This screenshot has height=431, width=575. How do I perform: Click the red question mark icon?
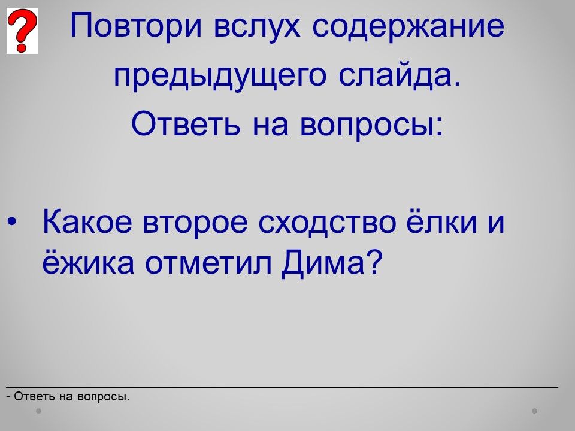[22, 31]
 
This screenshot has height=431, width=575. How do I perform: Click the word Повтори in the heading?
[136, 25]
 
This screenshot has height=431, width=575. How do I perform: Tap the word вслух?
[257, 27]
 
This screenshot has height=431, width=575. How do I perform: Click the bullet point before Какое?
[12, 221]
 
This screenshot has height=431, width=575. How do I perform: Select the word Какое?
[87, 221]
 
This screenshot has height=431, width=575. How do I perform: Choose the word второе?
[195, 224]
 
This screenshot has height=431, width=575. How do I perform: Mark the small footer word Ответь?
[35, 396]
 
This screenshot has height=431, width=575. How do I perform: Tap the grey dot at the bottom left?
[38, 411]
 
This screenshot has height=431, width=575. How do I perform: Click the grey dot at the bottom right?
[534, 411]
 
